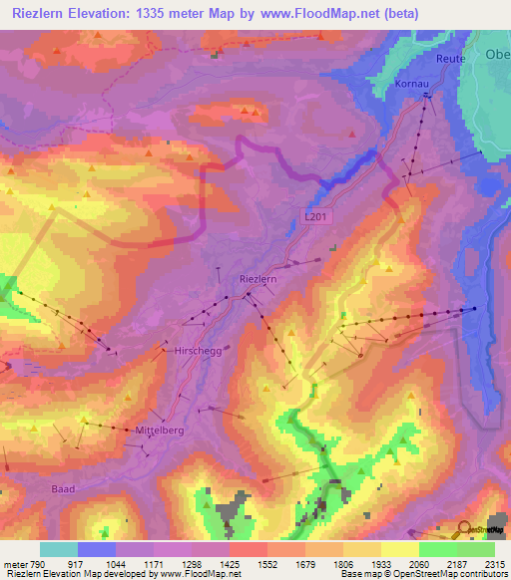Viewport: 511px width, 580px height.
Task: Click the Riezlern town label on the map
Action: click(256, 280)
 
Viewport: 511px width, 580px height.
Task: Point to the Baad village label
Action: click(63, 489)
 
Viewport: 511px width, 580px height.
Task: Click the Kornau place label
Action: click(411, 86)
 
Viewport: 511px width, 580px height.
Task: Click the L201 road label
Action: click(316, 215)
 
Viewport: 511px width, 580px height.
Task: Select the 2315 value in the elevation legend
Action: click(492, 564)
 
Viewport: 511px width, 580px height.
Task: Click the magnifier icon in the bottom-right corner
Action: click(465, 528)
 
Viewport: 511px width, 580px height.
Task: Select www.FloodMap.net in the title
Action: click(307, 14)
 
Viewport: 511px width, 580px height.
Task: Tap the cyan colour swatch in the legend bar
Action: click(59, 549)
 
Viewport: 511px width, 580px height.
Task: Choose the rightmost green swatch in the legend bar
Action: click(475, 549)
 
